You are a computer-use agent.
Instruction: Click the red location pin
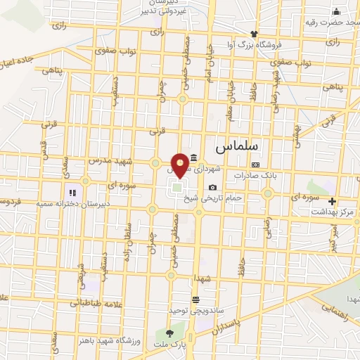pyautogui.click(x=180, y=165)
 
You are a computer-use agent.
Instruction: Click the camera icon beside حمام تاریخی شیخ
pyautogui.click(x=212, y=187)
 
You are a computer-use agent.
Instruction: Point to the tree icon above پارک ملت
pyautogui.click(x=169, y=333)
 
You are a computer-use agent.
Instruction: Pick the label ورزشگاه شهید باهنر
pyautogui.click(x=104, y=340)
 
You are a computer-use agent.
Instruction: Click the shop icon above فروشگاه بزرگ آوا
pyautogui.click(x=254, y=33)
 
